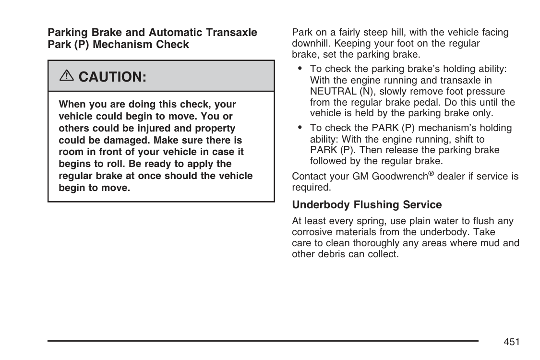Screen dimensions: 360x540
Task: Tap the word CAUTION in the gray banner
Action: coord(112,76)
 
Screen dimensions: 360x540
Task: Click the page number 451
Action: coord(512,342)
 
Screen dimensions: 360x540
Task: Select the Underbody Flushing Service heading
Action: coord(367,205)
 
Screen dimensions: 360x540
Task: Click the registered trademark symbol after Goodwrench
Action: coord(432,174)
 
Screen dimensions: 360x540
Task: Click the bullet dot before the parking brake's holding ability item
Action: coord(300,69)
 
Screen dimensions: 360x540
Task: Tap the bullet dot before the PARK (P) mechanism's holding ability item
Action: coord(300,128)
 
